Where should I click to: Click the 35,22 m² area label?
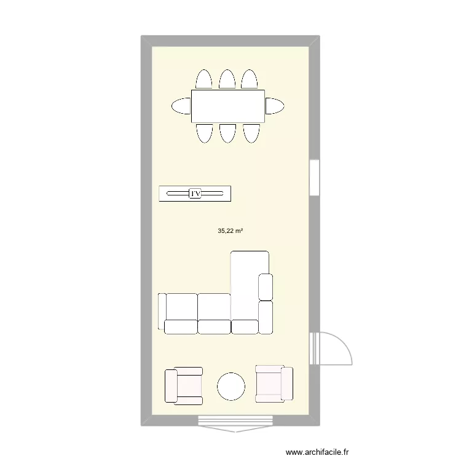click(x=230, y=231)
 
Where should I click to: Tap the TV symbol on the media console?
click(x=195, y=194)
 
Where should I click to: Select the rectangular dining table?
click(x=228, y=106)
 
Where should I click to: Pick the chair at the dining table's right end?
click(x=274, y=106)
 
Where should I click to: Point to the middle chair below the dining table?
click(x=227, y=133)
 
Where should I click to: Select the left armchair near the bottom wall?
click(x=183, y=385)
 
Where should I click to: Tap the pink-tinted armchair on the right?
click(x=274, y=384)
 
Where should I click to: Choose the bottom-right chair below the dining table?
click(x=250, y=133)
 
